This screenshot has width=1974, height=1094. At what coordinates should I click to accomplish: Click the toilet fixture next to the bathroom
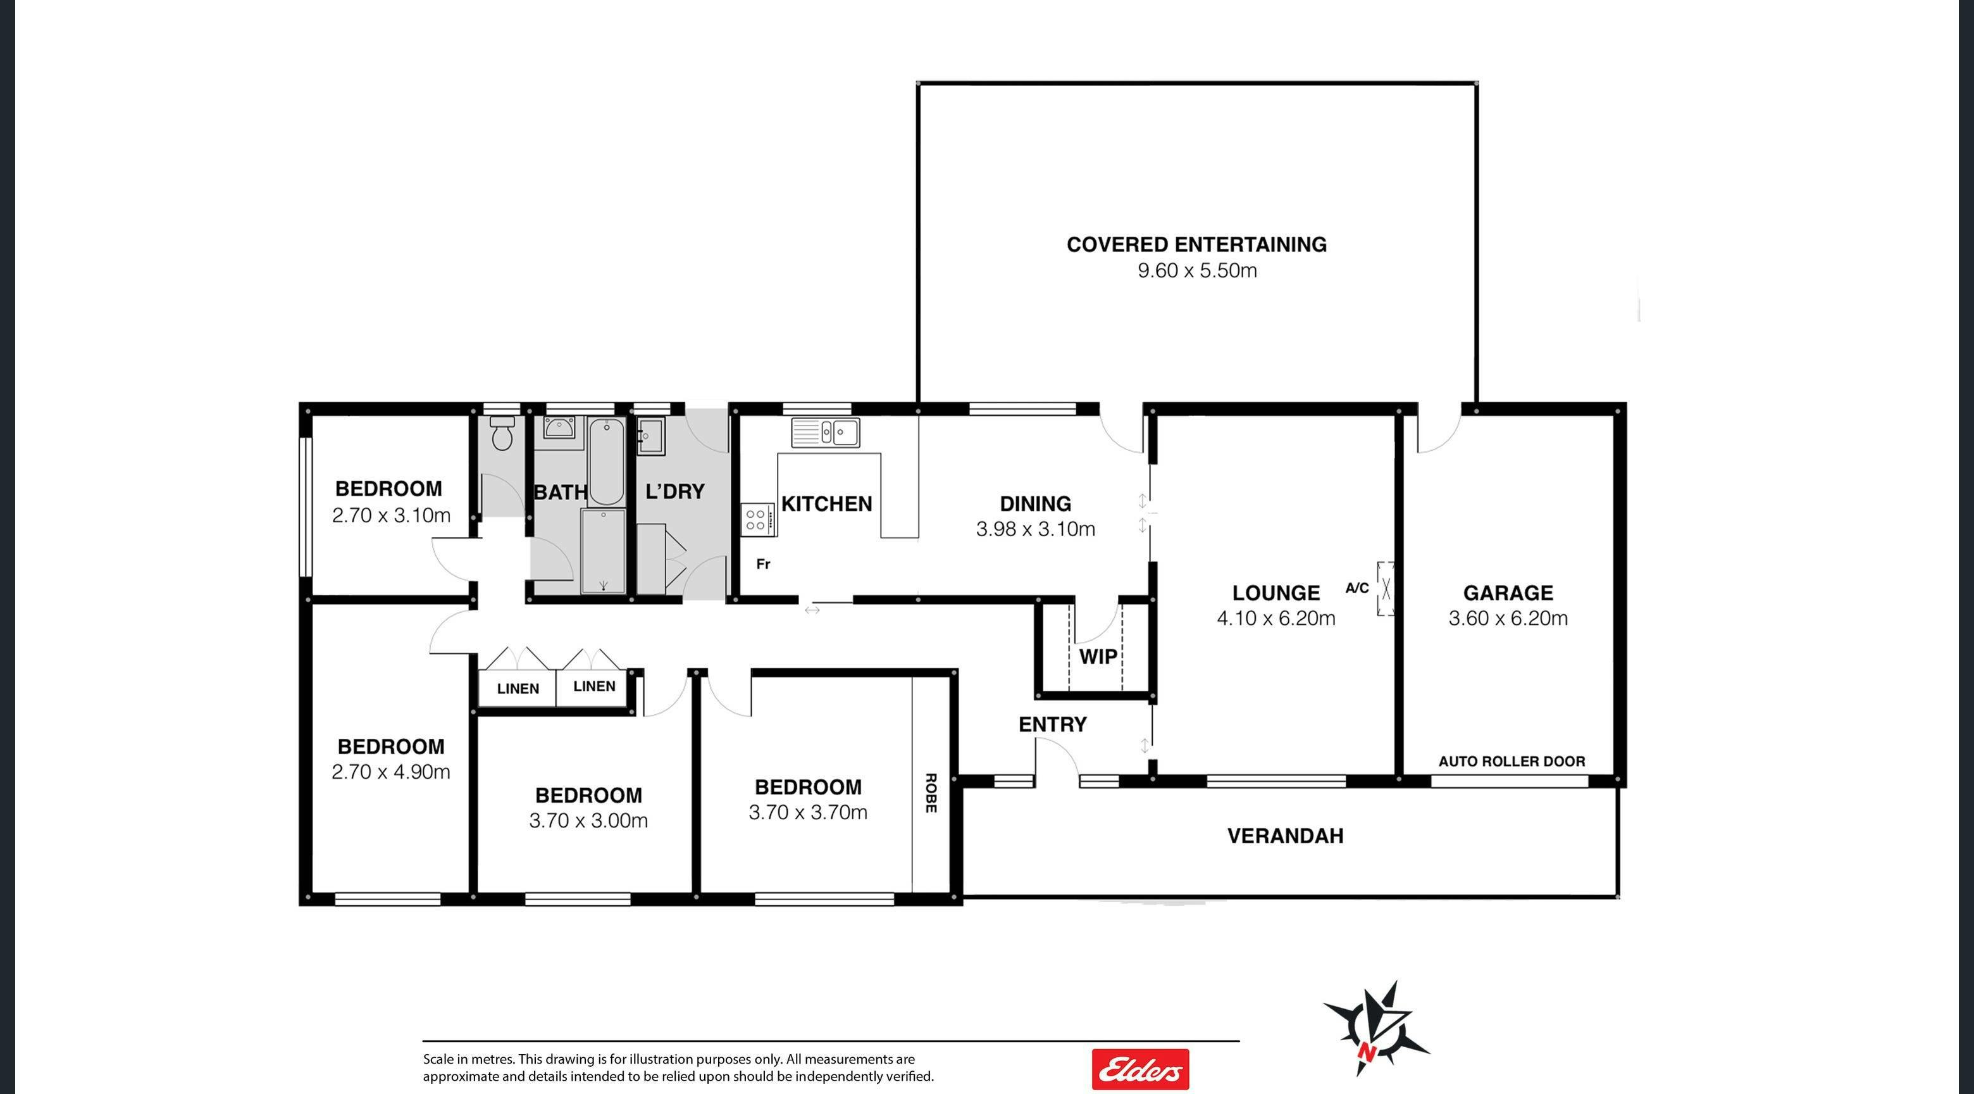pyautogui.click(x=502, y=433)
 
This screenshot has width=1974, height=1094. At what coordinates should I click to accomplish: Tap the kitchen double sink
pyautogui.click(x=826, y=432)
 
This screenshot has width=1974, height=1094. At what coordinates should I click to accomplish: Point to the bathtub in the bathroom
pyautogui.click(x=607, y=461)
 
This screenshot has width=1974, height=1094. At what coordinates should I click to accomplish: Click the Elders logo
pyautogui.click(x=1140, y=1069)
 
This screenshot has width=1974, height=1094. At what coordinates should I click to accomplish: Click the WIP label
pyautogui.click(x=1098, y=657)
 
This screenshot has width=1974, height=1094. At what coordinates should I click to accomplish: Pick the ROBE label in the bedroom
pyautogui.click(x=931, y=793)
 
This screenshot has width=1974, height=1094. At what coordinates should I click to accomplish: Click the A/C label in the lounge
pyautogui.click(x=1357, y=588)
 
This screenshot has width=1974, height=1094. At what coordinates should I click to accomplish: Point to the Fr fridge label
pyautogui.click(x=763, y=564)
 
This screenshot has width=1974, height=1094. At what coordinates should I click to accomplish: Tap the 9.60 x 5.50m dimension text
pyautogui.click(x=1197, y=270)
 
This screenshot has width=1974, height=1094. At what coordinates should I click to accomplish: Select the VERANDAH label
pyautogui.click(x=1285, y=836)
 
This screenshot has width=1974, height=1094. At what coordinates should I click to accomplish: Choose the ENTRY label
pyautogui.click(x=1052, y=724)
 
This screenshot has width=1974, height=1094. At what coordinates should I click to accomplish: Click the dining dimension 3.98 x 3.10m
pyautogui.click(x=1035, y=529)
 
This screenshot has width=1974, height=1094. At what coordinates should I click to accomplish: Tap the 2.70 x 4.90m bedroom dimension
pyautogui.click(x=391, y=771)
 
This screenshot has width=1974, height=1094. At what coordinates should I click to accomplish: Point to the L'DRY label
pyautogui.click(x=674, y=491)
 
